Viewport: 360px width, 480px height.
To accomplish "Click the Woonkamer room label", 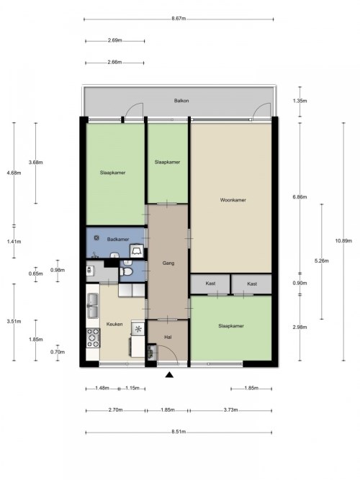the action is [233, 200].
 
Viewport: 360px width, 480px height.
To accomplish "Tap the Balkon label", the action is [181, 101].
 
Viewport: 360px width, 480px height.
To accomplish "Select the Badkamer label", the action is [118, 240].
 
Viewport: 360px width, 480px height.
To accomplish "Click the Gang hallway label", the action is [168, 263].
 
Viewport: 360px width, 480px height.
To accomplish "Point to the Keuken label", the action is [114, 324].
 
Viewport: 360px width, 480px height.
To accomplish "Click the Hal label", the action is [168, 338].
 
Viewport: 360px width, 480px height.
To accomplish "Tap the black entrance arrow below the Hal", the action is [169, 375].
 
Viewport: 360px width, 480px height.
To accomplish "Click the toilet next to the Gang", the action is [126, 271].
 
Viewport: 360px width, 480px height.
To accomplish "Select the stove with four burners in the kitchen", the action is [93, 338].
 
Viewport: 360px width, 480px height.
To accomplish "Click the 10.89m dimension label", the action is [343, 240].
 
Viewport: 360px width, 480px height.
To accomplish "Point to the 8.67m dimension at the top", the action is [179, 19].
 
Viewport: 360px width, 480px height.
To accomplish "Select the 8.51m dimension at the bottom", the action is [179, 432].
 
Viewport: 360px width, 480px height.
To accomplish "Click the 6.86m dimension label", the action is [300, 197].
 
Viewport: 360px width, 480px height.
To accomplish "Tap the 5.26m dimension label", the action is [321, 261].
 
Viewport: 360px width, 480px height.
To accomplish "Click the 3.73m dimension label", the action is [230, 410].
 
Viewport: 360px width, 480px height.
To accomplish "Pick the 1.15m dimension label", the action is [132, 388].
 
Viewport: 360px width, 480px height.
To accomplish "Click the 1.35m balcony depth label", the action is [300, 101].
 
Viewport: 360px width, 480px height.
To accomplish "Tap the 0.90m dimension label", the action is [300, 283].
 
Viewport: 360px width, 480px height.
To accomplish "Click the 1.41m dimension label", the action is [14, 242].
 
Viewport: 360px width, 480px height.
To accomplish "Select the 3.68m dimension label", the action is [35, 163].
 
